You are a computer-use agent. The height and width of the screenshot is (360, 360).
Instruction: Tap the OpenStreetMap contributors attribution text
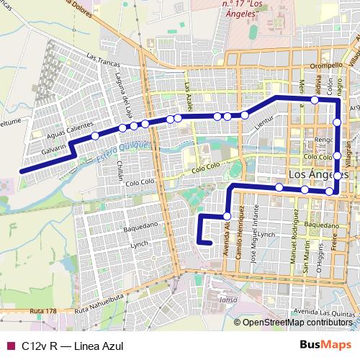[297, 323]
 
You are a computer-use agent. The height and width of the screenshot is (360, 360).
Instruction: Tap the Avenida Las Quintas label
[326, 312]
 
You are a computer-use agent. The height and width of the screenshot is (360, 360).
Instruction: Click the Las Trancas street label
[100, 56]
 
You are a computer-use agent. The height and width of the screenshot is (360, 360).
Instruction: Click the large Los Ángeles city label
[318, 175]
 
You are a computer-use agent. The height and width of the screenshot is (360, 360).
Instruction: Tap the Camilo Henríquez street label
[244, 227]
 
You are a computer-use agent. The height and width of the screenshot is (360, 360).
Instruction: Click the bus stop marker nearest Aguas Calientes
[94, 135]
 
